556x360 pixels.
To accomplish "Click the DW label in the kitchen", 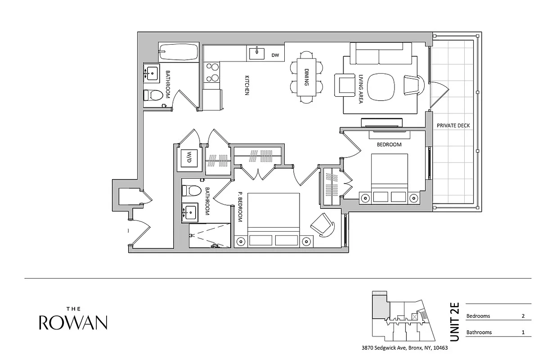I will (x=275, y=55).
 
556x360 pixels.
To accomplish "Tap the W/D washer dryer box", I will (x=189, y=158).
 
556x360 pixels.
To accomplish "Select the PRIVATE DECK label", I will (x=453, y=126).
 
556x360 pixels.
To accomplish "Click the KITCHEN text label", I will (x=247, y=85).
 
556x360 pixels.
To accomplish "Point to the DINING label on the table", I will (x=306, y=77).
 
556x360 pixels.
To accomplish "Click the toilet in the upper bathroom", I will (x=153, y=95).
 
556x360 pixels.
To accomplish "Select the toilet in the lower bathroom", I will (x=191, y=190).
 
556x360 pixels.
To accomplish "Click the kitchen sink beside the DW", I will (x=257, y=53).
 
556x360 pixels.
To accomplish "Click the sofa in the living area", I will (x=381, y=54).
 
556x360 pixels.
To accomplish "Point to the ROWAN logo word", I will (x=73, y=322).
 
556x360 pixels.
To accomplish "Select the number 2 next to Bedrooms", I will (x=523, y=316).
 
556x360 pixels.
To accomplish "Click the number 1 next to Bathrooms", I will (x=523, y=333).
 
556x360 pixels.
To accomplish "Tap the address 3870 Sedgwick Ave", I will (x=404, y=348).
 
